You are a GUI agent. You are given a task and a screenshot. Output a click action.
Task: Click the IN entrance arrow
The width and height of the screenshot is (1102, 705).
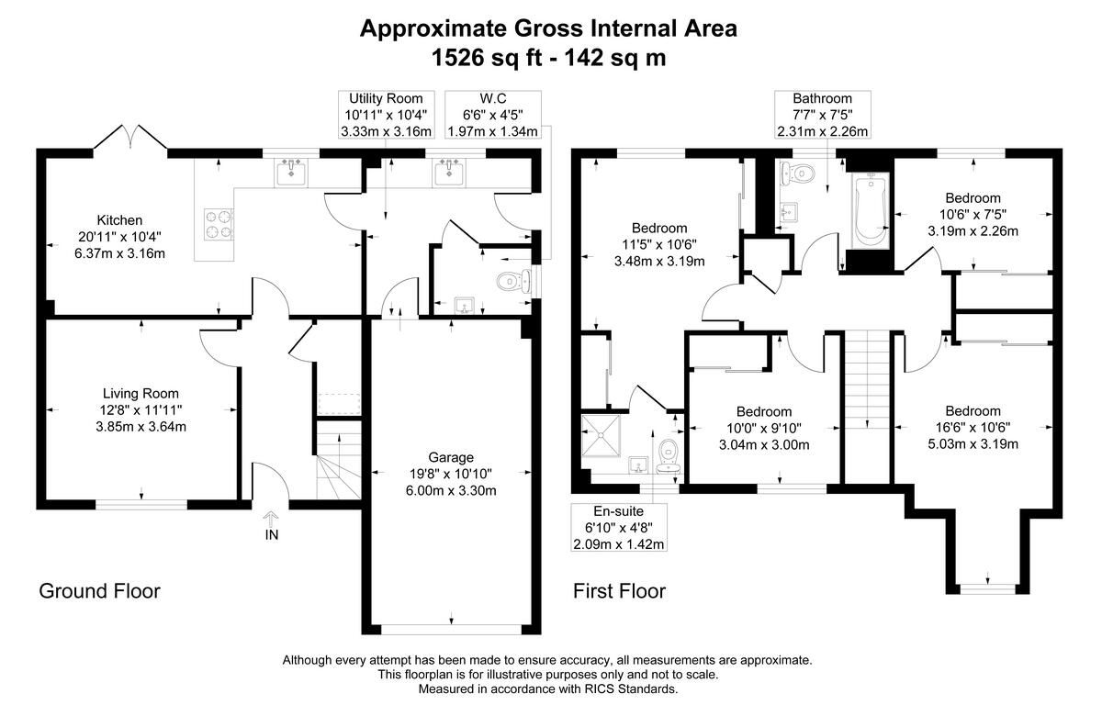pyautogui.click(x=271, y=520)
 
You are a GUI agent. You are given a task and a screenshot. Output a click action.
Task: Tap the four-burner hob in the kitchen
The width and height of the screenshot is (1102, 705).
pyautogui.click(x=219, y=224)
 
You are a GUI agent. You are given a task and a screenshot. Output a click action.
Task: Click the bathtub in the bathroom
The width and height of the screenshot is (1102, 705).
pyautogui.click(x=871, y=211)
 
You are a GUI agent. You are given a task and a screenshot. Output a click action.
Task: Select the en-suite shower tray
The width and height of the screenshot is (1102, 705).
pyautogui.click(x=601, y=436)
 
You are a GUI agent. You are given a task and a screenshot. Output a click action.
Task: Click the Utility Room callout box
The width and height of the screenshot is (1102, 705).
pyautogui.click(x=387, y=115)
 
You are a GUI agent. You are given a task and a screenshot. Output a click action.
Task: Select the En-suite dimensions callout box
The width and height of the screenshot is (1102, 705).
pyautogui.click(x=619, y=527)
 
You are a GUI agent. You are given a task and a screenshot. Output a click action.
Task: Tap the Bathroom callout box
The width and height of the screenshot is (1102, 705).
pyautogui.click(x=823, y=115)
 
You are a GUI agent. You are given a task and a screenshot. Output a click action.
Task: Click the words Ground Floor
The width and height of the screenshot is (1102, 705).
pyautogui.click(x=100, y=591)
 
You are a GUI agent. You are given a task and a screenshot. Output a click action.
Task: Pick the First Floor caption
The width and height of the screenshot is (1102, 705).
pyautogui.click(x=619, y=591)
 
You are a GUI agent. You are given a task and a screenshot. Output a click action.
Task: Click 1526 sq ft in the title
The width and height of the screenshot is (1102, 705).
pyautogui.click(x=487, y=58)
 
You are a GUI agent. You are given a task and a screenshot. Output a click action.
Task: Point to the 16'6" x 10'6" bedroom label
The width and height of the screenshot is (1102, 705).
pyautogui.click(x=973, y=427)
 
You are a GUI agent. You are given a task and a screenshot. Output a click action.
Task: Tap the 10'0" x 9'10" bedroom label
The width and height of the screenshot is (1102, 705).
pyautogui.click(x=764, y=428)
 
